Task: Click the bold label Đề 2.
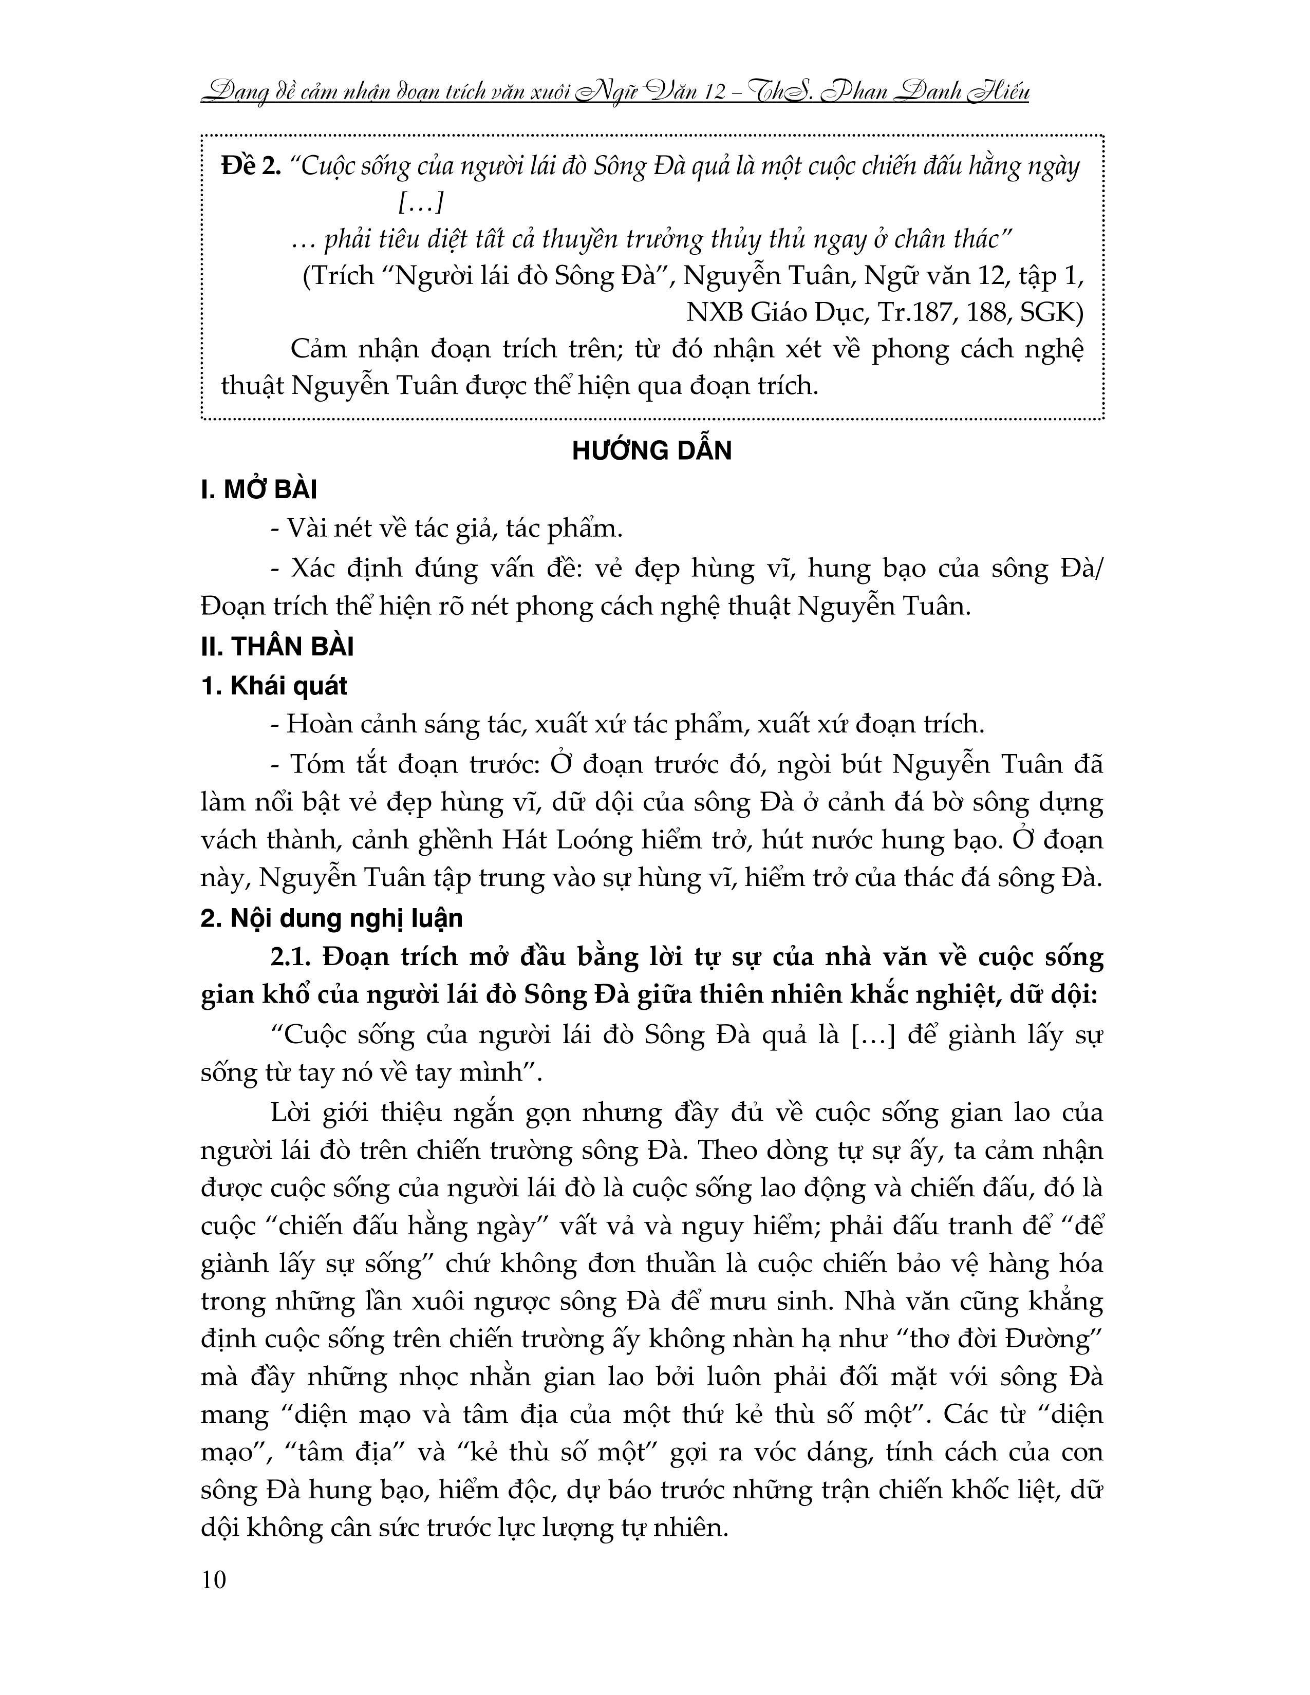(251, 167)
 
